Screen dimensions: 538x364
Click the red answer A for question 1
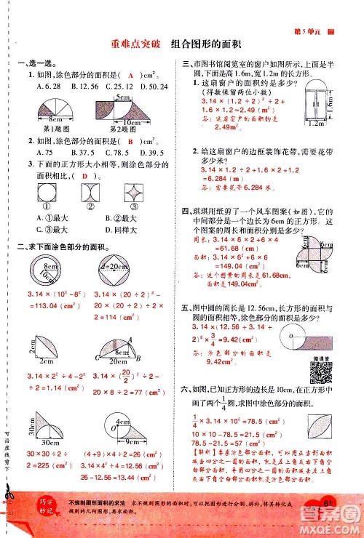pos(130,76)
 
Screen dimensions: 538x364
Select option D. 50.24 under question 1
pos(154,87)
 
